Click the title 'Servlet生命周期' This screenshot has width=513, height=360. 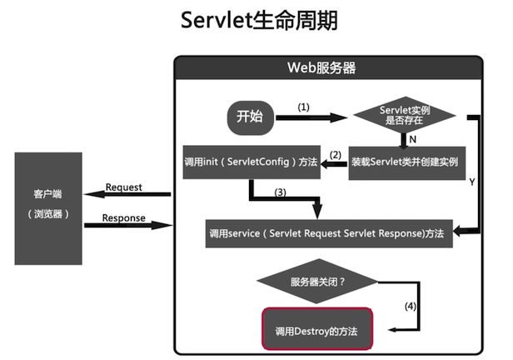pyautogui.click(x=259, y=20)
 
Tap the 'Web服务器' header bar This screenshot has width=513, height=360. pyautogui.click(x=328, y=67)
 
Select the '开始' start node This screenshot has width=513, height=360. pyautogui.click(x=251, y=117)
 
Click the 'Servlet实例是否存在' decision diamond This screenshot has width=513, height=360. pyautogui.click(x=405, y=115)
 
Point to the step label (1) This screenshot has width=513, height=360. pyautogui.click(x=303, y=107)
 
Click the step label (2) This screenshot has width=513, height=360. pyautogui.click(x=336, y=155)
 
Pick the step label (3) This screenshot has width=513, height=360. pyautogui.click(x=280, y=192)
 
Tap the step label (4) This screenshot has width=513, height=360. pyautogui.click(x=411, y=307)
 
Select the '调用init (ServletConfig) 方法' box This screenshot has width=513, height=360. pyautogui.click(x=252, y=162)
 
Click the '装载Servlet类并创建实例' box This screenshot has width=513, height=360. pyautogui.click(x=407, y=162)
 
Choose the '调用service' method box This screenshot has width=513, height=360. pyautogui.click(x=329, y=233)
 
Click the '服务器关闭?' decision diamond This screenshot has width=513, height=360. pyautogui.click(x=317, y=282)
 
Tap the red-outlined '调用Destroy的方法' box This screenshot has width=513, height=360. pyautogui.click(x=317, y=328)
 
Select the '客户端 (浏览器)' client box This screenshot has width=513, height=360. pyautogui.click(x=48, y=208)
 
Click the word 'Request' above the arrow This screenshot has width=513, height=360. pyautogui.click(x=123, y=187)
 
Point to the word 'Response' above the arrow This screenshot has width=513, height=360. pyautogui.click(x=123, y=218)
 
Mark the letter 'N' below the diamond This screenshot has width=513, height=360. pyautogui.click(x=412, y=140)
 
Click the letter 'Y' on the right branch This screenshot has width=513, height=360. pyautogui.click(x=471, y=182)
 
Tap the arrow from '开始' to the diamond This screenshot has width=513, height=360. pyautogui.click(x=311, y=117)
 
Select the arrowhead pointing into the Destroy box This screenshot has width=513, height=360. pyautogui.click(x=392, y=330)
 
